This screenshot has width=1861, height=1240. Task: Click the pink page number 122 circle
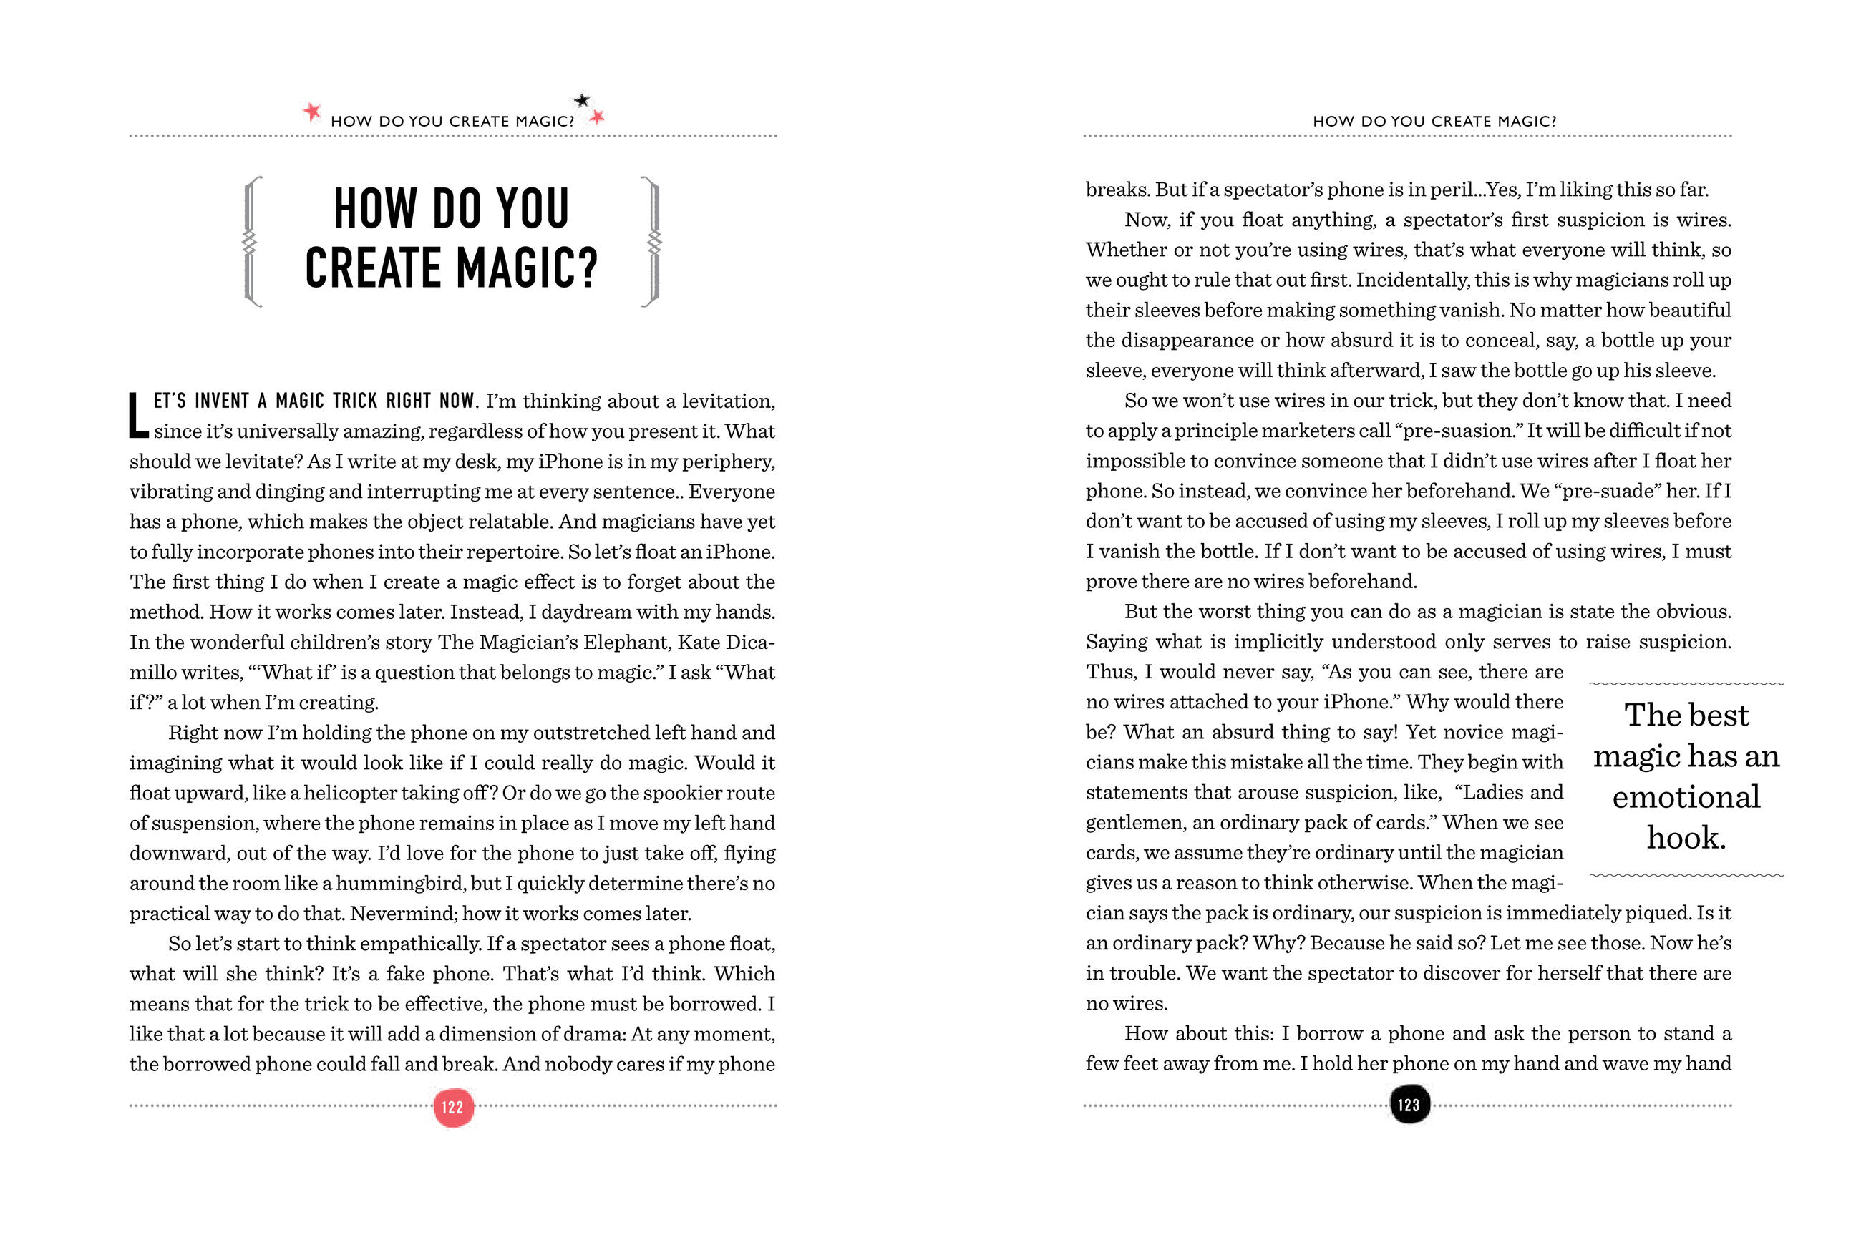click(453, 1106)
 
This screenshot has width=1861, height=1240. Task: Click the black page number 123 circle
click(1409, 1105)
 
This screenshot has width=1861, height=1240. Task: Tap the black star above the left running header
click(581, 100)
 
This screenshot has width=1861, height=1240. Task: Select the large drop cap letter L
click(138, 415)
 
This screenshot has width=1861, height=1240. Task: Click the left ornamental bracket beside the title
click(251, 241)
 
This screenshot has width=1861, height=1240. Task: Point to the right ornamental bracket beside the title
click(651, 241)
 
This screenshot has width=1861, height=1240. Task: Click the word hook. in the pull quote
click(1686, 837)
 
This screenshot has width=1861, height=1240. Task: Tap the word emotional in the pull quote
click(1686, 796)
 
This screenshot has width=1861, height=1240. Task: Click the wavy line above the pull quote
click(1686, 683)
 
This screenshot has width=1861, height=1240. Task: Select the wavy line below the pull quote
click(1686, 875)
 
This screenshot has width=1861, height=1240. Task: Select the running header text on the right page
click(1434, 122)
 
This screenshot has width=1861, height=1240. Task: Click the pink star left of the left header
click(312, 112)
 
